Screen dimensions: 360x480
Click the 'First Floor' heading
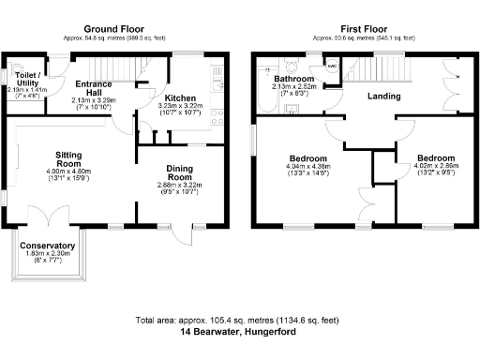click(x=356, y=29)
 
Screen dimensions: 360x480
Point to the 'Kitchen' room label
click(x=179, y=97)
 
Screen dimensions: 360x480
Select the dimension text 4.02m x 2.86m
click(x=434, y=167)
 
